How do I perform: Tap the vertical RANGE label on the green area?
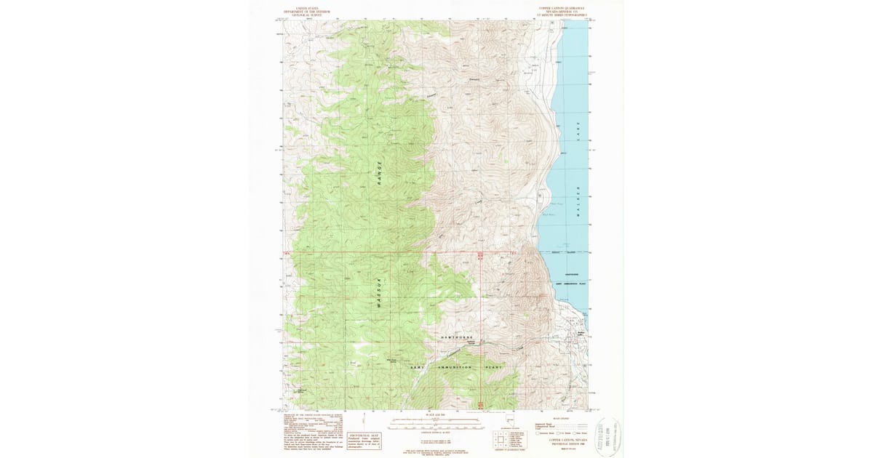click(379, 172)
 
